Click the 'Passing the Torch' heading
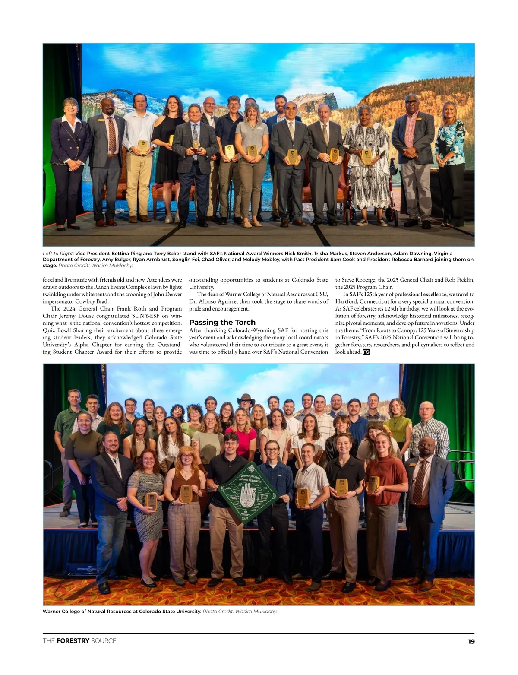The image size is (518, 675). pos(222,322)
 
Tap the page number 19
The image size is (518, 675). pos(471,641)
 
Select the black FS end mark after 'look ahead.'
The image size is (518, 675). pos(366,352)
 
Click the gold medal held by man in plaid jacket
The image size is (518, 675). pos(196,145)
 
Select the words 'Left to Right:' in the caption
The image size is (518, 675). pos(58,254)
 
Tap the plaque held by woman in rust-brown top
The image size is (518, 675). pos(373,485)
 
